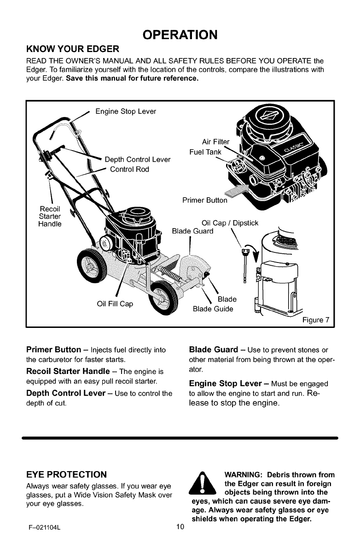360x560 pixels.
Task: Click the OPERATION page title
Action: (x=180, y=35)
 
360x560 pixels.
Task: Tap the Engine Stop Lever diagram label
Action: (x=125, y=111)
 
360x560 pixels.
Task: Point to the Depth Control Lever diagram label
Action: (x=138, y=160)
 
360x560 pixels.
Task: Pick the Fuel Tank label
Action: (x=205, y=152)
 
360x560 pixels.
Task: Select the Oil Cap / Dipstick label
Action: (x=230, y=223)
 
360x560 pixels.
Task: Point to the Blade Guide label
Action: (x=213, y=309)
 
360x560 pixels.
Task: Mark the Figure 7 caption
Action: (x=316, y=320)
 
